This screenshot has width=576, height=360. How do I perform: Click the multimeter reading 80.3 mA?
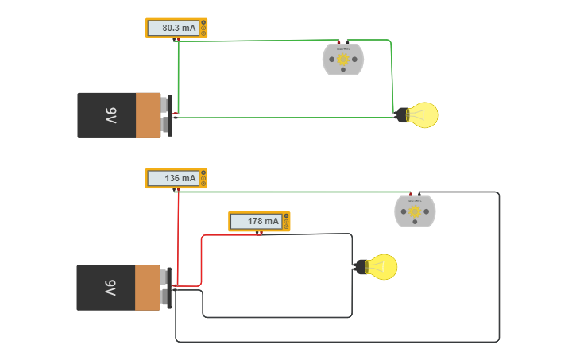click(176, 28)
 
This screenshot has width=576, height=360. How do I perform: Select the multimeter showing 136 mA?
click(176, 178)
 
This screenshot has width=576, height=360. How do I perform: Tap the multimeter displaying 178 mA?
click(258, 221)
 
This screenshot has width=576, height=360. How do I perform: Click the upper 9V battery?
click(123, 115)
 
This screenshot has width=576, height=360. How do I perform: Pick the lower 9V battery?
click(122, 288)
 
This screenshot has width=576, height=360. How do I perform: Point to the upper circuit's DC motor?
click(343, 60)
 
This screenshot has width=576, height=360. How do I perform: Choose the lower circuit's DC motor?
click(415, 211)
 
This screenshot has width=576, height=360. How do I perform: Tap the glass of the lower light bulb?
click(383, 267)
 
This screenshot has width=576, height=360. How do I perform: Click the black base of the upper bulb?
click(402, 115)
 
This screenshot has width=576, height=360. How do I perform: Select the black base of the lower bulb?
click(361, 267)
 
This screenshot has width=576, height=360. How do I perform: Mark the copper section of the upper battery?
click(148, 115)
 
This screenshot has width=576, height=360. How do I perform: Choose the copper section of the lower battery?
click(147, 288)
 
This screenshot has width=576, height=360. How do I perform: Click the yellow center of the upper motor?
click(343, 59)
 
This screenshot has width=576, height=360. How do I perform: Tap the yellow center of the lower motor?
click(415, 211)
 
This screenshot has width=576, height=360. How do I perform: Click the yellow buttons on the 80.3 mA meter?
click(203, 28)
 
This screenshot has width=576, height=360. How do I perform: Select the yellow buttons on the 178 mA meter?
click(286, 221)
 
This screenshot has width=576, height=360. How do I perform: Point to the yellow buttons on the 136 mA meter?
click(203, 178)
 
